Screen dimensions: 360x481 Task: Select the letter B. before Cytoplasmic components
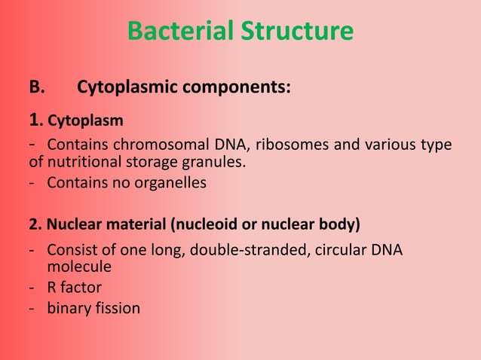tap(37, 87)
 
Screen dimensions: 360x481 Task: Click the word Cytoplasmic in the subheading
tap(127, 87)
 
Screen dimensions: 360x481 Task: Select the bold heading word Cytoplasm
tap(86, 121)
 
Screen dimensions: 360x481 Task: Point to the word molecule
tap(79, 266)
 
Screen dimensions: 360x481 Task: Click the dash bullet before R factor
tap(32, 287)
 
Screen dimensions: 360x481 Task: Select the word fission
tap(117, 307)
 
